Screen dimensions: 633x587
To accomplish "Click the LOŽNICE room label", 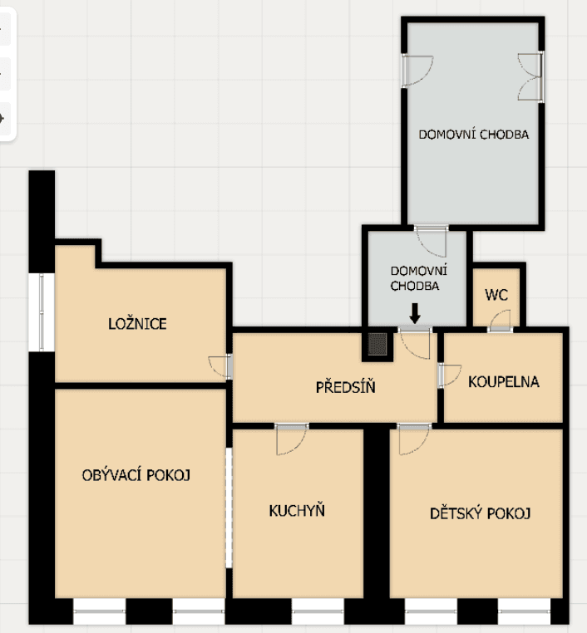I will point(137,324).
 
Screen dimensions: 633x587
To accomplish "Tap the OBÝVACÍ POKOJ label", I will point(137,475).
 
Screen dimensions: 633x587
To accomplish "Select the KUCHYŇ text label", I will point(297,510).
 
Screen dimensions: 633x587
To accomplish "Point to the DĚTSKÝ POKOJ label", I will point(481,513).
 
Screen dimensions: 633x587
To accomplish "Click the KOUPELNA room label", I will point(504,382).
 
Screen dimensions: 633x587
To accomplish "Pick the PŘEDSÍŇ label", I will point(340,386).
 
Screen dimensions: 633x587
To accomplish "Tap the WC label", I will point(496,295).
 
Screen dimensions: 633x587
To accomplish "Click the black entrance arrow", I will point(415,314).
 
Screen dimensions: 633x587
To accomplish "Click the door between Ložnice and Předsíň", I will point(221,366).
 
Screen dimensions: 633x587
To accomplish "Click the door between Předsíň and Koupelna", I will point(447,375).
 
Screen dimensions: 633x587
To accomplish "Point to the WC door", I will point(501,323).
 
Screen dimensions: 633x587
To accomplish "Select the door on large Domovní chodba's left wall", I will point(416,71).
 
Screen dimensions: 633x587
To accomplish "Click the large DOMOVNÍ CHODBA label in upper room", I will point(473,134).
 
